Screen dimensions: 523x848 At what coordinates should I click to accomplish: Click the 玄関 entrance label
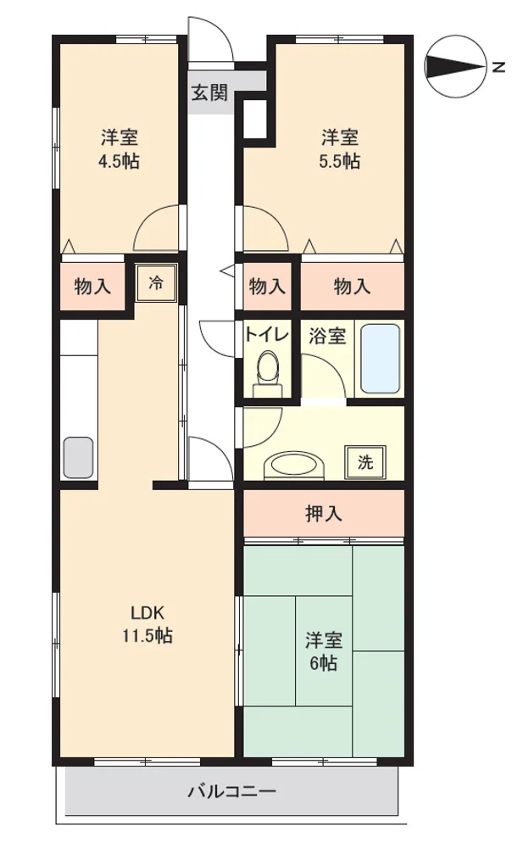point(210,93)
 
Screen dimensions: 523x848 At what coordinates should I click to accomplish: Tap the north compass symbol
point(455,67)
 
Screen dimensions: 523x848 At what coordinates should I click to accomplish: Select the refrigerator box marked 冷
point(156,283)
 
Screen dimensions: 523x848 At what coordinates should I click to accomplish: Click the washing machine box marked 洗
point(365,462)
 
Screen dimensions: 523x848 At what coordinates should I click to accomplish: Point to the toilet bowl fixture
point(268,373)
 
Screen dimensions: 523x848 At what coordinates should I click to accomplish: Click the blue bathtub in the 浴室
point(381,359)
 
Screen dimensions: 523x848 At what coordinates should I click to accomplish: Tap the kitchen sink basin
point(79,458)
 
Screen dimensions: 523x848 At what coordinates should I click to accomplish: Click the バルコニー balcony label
point(232,792)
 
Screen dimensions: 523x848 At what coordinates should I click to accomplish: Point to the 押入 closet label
point(324,514)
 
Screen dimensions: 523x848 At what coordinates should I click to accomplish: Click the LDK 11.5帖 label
point(147,624)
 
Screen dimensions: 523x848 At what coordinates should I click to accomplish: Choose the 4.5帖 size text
point(119,161)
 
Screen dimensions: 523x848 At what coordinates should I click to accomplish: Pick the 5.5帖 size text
point(340,161)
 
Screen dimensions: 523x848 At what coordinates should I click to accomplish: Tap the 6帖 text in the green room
point(324,663)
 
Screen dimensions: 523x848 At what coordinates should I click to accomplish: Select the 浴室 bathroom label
point(327,336)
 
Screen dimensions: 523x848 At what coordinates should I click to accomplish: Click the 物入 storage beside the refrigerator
point(92,286)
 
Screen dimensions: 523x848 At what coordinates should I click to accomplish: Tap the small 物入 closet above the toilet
point(267,286)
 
